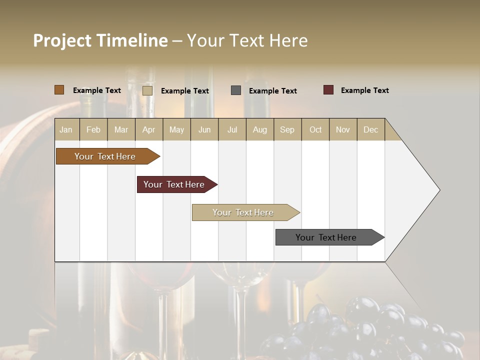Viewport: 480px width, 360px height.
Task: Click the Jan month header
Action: (x=66, y=129)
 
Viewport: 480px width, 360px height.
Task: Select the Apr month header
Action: (x=148, y=129)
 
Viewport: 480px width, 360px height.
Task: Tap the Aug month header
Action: (x=259, y=129)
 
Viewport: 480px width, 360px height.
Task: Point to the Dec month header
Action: (x=370, y=129)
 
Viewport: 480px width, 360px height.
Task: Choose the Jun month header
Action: (x=204, y=129)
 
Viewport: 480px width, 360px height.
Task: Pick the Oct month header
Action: (x=315, y=129)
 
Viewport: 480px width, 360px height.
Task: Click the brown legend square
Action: (x=59, y=90)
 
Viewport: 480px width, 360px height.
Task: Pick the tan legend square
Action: (x=147, y=90)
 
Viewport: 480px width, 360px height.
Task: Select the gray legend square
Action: (x=236, y=90)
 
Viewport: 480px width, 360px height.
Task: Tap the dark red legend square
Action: (x=328, y=90)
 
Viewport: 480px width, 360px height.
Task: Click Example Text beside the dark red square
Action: (x=364, y=90)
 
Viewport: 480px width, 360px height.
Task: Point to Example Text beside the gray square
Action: (x=272, y=91)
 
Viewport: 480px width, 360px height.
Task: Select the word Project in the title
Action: (x=62, y=40)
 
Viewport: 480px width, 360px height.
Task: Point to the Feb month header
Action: (x=93, y=129)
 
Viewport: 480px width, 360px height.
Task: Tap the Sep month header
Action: (x=287, y=129)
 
